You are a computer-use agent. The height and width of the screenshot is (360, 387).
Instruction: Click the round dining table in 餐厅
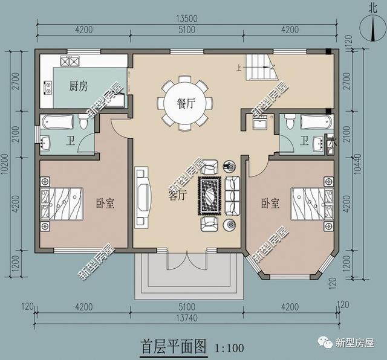[x=186, y=103]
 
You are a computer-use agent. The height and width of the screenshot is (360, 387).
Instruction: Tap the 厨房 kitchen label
[x=79, y=86]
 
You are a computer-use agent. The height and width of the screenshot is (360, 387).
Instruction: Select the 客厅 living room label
[x=177, y=195]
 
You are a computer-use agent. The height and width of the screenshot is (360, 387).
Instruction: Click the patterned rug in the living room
[x=210, y=196]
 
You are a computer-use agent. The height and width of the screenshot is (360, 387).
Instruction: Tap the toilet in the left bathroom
[x=83, y=123]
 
